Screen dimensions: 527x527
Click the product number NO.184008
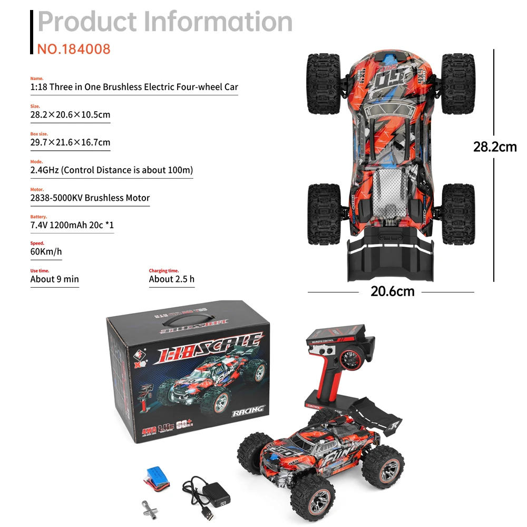click(x=74, y=49)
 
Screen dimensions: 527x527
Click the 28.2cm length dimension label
click(x=494, y=147)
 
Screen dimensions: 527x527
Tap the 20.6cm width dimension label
click(x=392, y=291)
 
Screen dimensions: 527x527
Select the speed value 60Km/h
click(x=46, y=251)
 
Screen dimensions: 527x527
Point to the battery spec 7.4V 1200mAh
click(x=72, y=226)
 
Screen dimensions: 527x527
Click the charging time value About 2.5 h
click(x=172, y=279)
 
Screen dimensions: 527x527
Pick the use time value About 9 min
click(x=55, y=279)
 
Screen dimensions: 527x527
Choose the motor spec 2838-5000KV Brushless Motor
click(x=90, y=198)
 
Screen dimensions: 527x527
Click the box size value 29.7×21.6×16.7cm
click(x=71, y=143)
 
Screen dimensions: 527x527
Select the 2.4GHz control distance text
click(x=112, y=170)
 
